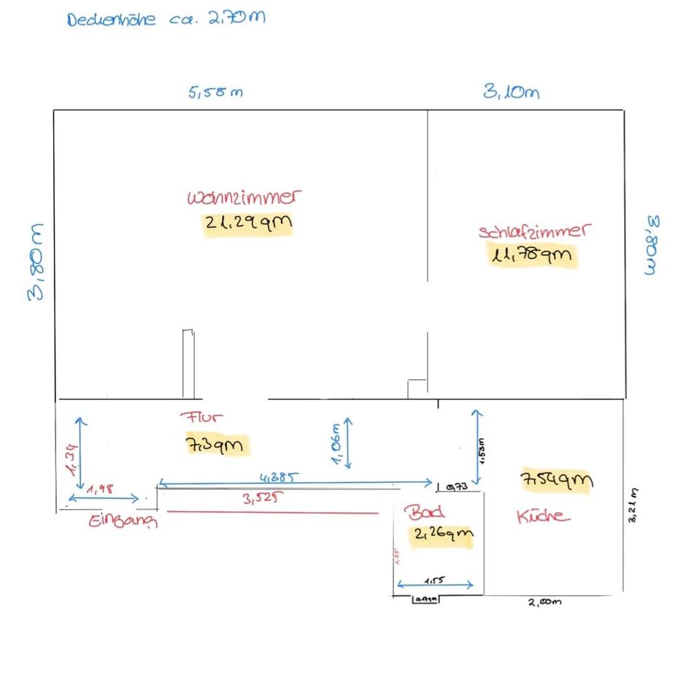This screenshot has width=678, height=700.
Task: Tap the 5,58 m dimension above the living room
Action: tap(215, 93)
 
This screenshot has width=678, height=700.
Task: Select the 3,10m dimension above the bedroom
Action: tap(511, 92)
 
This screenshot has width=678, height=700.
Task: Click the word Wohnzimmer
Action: tap(244, 198)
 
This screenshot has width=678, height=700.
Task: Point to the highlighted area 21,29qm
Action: tap(248, 224)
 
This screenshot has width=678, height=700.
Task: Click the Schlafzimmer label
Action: tap(533, 231)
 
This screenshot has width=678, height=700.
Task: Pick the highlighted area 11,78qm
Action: tap(533, 255)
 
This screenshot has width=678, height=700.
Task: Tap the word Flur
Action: tap(201, 418)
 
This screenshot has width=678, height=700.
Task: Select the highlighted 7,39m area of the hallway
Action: tap(218, 444)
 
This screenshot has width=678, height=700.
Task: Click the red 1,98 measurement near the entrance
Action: tap(99, 489)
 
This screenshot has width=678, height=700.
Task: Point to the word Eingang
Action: tap(123, 521)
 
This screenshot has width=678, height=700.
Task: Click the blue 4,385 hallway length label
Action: tap(277, 478)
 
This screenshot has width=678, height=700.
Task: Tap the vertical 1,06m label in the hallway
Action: tap(336, 444)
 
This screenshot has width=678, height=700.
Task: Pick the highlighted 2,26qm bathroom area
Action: tap(443, 534)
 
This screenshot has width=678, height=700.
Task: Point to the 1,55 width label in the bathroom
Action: tap(436, 580)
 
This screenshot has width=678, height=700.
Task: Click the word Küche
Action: tap(543, 516)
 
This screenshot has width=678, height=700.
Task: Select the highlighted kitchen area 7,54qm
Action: tap(556, 481)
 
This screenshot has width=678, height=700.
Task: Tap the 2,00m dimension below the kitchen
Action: tap(545, 602)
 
